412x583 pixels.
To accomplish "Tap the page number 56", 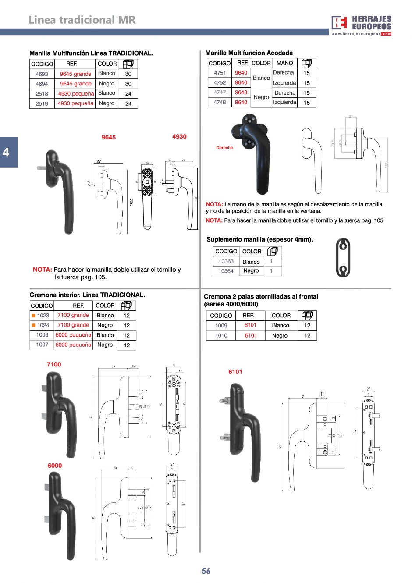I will coord(206,571).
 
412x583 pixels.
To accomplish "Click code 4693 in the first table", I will coord(42,74).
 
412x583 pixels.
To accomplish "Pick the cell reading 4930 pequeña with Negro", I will coord(76,103).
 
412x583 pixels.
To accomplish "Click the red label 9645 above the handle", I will coord(108,137).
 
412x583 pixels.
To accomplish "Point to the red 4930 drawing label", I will coord(179,137).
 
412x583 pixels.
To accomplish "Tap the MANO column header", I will coord(284,63).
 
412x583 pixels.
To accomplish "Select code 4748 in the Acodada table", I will coord(220,102).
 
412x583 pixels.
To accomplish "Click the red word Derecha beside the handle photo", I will coord(224,148).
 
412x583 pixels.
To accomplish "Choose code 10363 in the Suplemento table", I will coord(226,261).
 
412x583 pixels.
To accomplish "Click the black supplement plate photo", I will coord(343,258).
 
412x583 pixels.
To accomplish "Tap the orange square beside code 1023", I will coord(33,316).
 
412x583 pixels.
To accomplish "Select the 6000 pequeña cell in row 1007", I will coord(73,345).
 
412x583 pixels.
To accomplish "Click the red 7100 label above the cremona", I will coord(54,364).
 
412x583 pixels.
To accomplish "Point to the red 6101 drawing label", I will coord(235,372).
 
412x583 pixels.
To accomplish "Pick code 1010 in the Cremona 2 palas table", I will coord(221,335).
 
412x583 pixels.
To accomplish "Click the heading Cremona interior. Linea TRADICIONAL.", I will coord(87,295).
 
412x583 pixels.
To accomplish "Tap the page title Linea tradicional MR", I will coord(82,20).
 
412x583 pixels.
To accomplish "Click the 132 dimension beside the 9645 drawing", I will coord(131,203).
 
